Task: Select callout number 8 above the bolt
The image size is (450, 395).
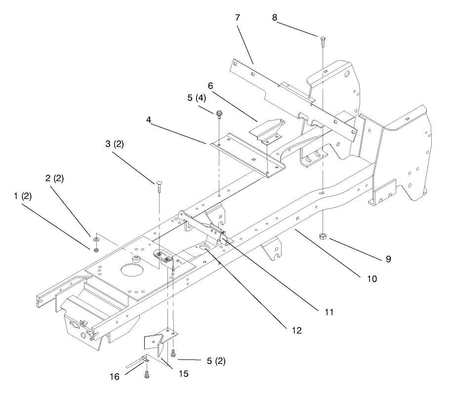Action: pos(275,17)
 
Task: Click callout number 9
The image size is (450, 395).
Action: pos(388,259)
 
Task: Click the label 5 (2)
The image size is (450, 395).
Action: pos(215,361)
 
